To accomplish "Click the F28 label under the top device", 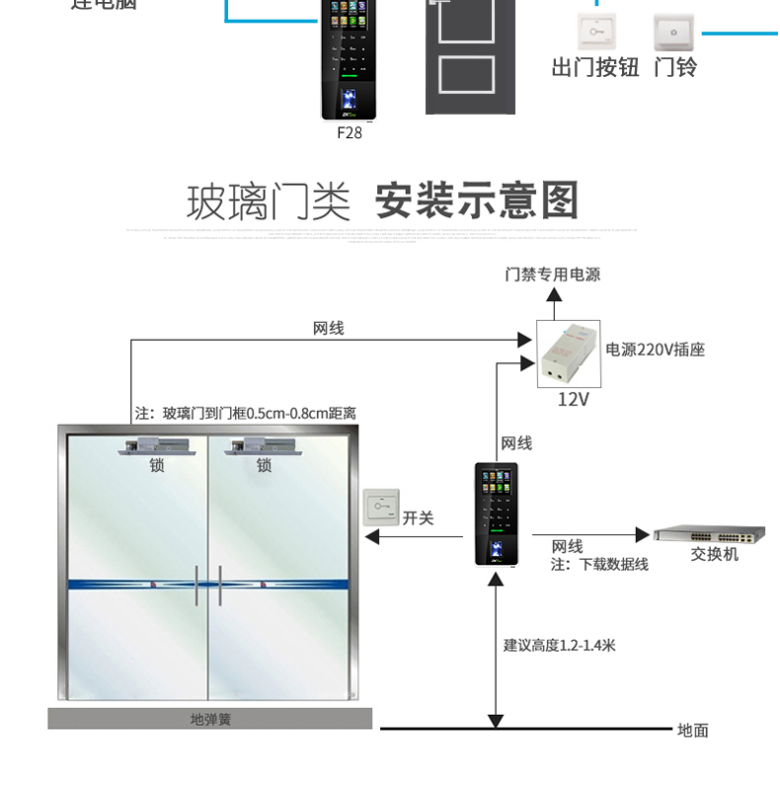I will click(x=350, y=132).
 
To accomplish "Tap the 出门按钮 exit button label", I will click(x=594, y=67).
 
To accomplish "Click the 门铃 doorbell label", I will click(x=675, y=67).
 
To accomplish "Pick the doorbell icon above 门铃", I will click(x=674, y=32).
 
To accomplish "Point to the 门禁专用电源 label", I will click(x=552, y=275).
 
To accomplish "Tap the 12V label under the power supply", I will click(x=573, y=399).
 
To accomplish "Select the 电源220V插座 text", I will click(x=656, y=350).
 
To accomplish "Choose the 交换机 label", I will click(x=714, y=554).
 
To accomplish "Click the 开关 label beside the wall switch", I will click(x=418, y=517).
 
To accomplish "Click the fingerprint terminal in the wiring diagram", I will click(x=495, y=514).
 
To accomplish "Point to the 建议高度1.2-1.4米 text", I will click(x=559, y=645).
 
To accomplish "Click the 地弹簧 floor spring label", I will click(x=210, y=719).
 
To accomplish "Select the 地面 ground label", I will click(x=693, y=730).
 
